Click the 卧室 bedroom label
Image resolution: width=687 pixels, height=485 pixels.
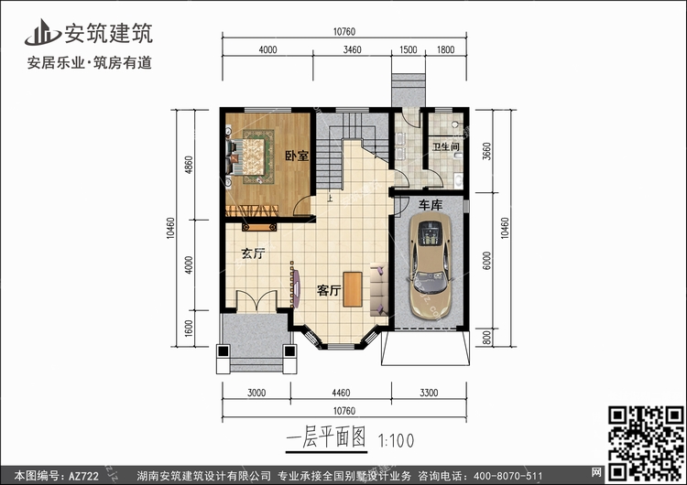click(x=297, y=156)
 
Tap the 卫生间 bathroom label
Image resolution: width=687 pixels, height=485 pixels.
click(x=445, y=146)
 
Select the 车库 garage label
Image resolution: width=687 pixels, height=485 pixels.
click(x=431, y=205)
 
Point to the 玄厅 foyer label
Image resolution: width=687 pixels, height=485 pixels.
click(x=253, y=253)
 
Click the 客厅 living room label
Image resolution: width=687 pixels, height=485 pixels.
click(x=329, y=290)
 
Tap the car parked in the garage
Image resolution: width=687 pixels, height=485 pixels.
click(x=431, y=265)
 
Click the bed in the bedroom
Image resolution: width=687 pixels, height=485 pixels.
click(x=246, y=156)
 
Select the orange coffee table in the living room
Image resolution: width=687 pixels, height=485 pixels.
click(x=353, y=289)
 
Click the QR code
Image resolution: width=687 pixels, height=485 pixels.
click(x=647, y=443)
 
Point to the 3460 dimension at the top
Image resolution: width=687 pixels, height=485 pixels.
click(x=352, y=49)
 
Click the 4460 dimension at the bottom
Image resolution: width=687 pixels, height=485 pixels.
click(x=341, y=393)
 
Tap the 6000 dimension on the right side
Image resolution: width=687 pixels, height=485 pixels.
click(x=486, y=261)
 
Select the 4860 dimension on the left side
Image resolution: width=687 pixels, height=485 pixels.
click(x=189, y=165)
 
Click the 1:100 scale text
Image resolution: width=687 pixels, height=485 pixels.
click(x=396, y=441)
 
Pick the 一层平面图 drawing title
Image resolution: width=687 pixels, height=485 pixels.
click(x=326, y=437)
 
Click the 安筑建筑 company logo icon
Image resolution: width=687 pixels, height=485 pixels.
click(x=42, y=33)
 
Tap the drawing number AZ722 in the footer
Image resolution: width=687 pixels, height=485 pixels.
click(x=83, y=476)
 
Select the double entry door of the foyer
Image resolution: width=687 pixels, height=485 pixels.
click(x=256, y=301)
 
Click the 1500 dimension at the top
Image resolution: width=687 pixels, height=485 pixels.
click(x=408, y=49)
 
